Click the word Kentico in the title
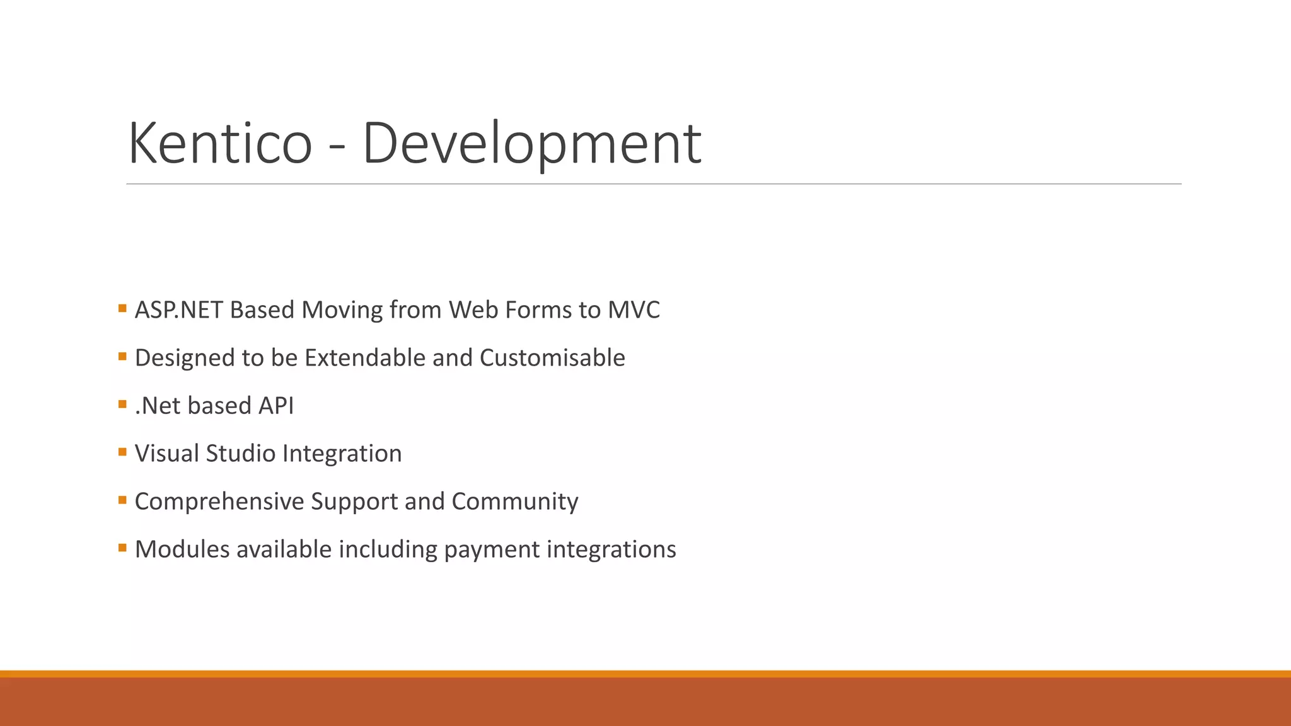(x=220, y=143)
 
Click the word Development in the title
(x=531, y=143)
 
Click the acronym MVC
(x=634, y=310)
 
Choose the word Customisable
(x=552, y=358)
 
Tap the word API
(x=276, y=406)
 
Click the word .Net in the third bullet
(x=158, y=406)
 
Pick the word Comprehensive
(x=219, y=502)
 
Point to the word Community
(x=514, y=502)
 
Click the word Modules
(x=182, y=550)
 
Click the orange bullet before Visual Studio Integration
(x=122, y=452)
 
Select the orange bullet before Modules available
(x=122, y=548)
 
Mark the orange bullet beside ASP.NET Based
(x=122, y=308)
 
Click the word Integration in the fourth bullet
(x=342, y=454)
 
